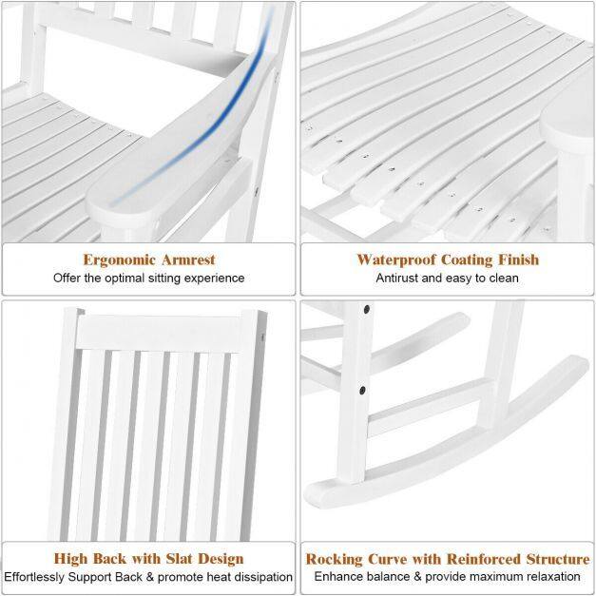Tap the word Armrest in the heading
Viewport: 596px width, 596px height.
click(x=188, y=260)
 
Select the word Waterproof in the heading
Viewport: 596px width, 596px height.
click(x=396, y=260)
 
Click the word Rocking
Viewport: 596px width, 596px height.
click(x=334, y=560)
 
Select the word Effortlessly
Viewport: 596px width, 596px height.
click(x=34, y=577)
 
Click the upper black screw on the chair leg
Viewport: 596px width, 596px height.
click(x=367, y=309)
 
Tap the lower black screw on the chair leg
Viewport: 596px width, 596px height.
click(x=362, y=390)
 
